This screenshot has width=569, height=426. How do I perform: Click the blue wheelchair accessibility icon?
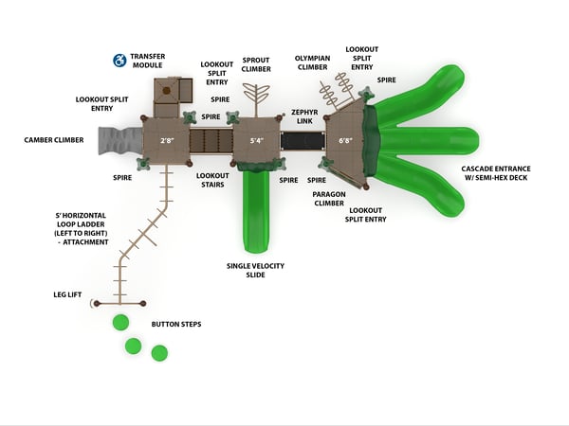[x=119, y=61]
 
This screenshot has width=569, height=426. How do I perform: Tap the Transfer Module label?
[x=147, y=61]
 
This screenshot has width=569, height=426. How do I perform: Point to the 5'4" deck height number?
[x=256, y=141]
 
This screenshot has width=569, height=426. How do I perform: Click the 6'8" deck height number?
[x=345, y=141]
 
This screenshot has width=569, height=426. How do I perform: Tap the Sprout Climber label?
[x=256, y=63]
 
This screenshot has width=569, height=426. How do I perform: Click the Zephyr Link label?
[x=303, y=116]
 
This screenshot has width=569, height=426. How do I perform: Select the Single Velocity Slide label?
[x=255, y=270]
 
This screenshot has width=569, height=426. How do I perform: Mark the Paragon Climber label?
[x=328, y=198]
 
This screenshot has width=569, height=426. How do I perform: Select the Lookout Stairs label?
[x=211, y=180]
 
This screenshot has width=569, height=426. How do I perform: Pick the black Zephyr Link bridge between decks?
[x=303, y=142]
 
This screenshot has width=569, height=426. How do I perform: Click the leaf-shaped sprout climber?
[x=255, y=97]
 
